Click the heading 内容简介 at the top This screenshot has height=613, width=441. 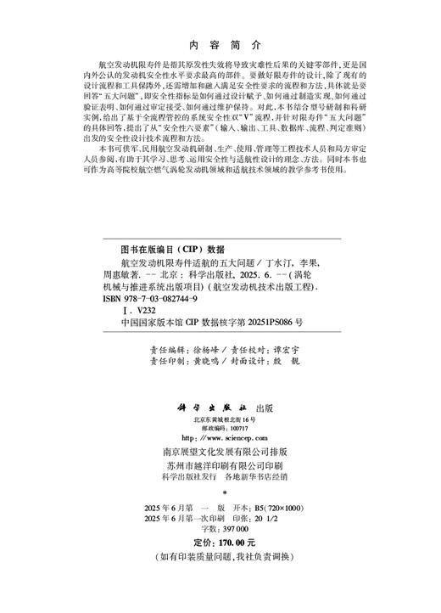click(x=220, y=47)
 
